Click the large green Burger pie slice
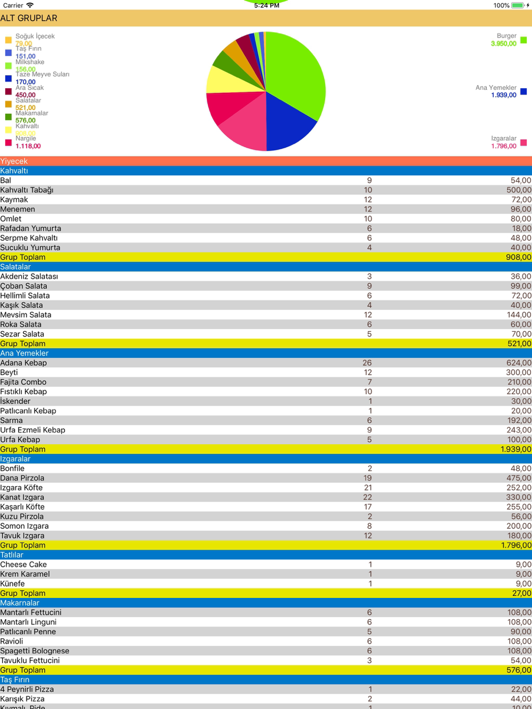[x=296, y=69]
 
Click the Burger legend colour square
[x=523, y=40]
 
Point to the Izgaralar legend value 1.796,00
[x=503, y=146]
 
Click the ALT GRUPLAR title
[x=29, y=18]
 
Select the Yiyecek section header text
[x=14, y=161]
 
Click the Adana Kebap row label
[x=23, y=363]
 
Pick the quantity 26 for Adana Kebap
[x=367, y=363]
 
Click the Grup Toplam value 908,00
[x=518, y=257]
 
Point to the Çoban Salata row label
[x=23, y=286]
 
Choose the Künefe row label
[x=12, y=584]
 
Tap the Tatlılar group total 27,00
[x=521, y=593]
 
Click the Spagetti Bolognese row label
[x=35, y=651]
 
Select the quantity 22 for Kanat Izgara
[x=368, y=497]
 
